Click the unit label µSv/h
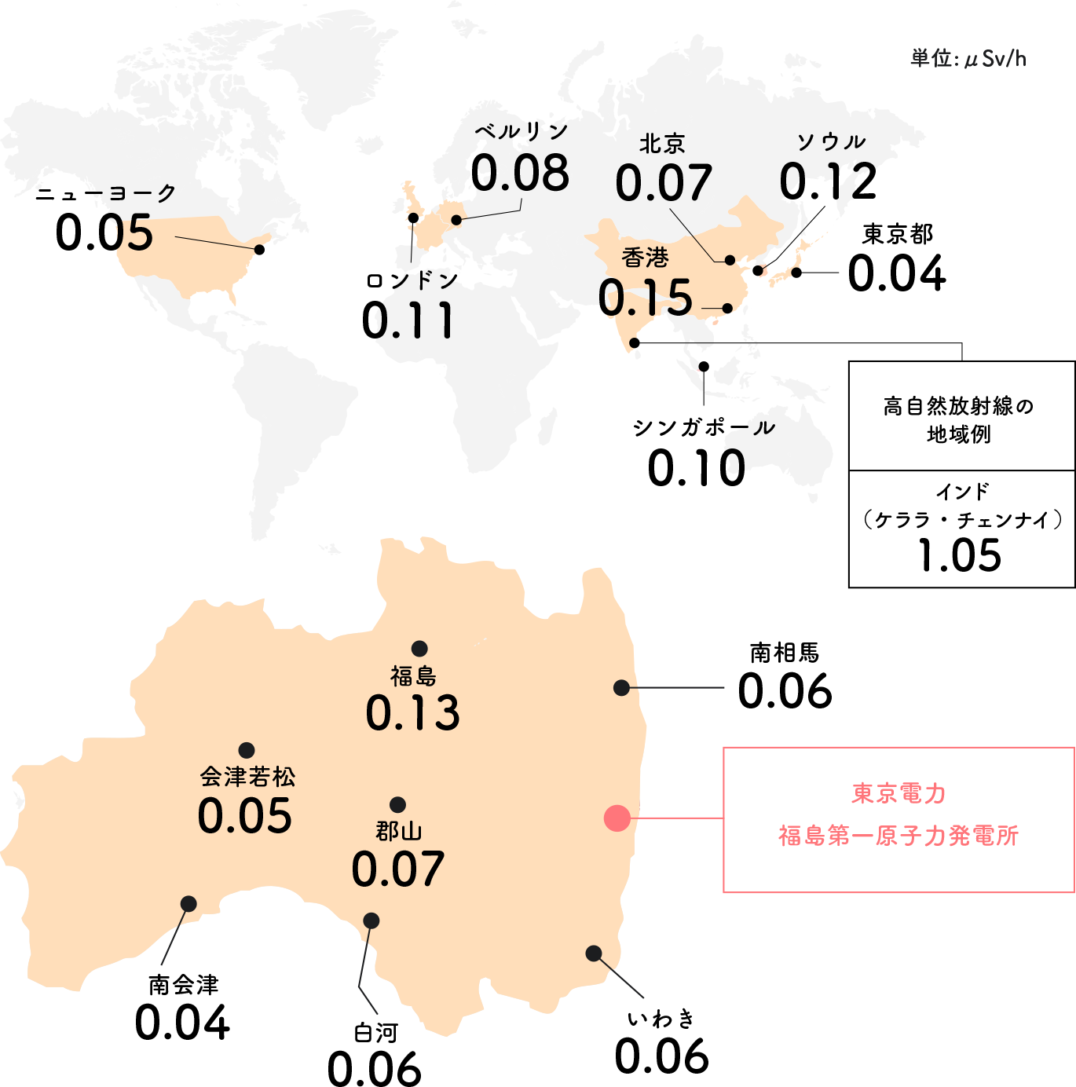coord(968,59)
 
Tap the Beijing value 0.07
coord(664,184)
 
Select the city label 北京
coord(662,144)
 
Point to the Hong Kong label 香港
coord(645,258)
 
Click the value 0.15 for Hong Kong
coord(646,298)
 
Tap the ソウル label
coord(831,142)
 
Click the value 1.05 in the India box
coord(960,555)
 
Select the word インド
coord(962,492)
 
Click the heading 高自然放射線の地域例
coord(959,420)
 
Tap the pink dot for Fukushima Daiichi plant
coord(617,818)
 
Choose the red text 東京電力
coord(899,793)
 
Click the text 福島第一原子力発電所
coord(898,836)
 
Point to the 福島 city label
coord(413,675)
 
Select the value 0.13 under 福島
coord(413,713)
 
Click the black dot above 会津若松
coord(247,750)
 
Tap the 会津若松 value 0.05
coord(245,816)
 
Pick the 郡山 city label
coord(399,831)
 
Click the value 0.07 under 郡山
coord(398,869)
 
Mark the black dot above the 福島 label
coord(419,649)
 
